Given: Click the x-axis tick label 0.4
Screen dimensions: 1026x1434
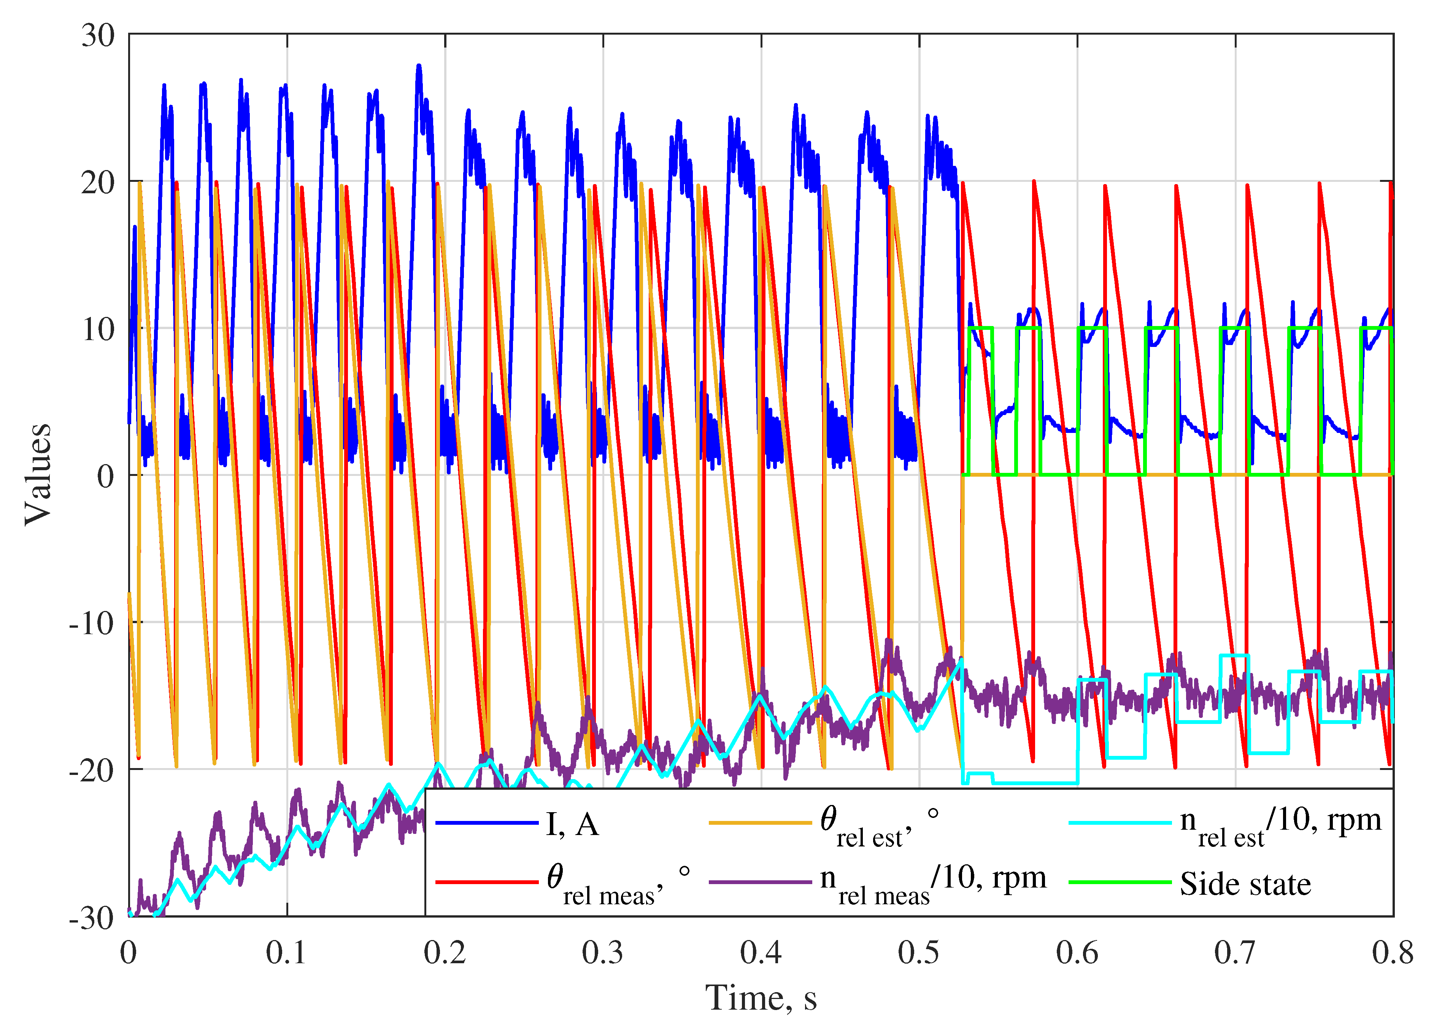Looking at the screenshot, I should pos(761,953).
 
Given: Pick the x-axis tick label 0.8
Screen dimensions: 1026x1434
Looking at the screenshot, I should pos(1392,953).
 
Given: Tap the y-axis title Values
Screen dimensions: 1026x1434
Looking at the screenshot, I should pos(38,474).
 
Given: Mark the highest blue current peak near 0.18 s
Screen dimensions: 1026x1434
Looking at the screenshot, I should pos(419,66).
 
